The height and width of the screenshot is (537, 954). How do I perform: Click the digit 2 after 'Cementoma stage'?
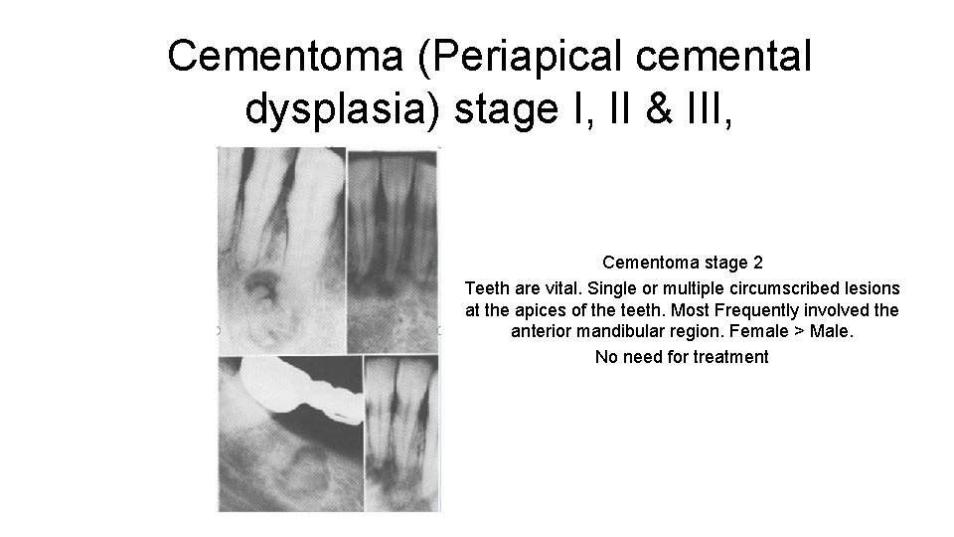click(x=758, y=264)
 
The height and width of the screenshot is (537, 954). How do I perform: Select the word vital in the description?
click(x=576, y=287)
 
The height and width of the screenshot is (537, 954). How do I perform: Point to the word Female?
click(x=764, y=333)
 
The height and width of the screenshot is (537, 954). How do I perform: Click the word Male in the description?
click(x=832, y=333)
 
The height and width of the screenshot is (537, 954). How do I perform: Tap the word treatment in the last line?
click(x=730, y=356)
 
